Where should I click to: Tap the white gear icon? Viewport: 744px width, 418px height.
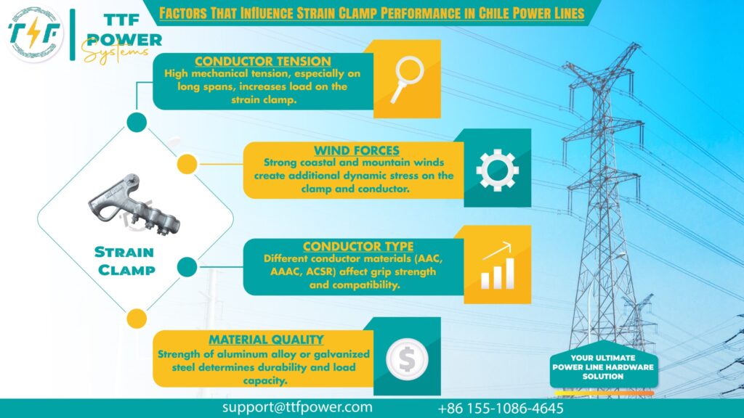[x=497, y=169]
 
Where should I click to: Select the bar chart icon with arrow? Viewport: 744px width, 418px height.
[x=497, y=267]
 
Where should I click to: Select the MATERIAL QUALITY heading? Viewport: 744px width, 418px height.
[x=266, y=340]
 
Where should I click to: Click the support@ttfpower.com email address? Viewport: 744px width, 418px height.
[x=297, y=407]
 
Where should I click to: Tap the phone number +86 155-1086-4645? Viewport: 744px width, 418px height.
[x=501, y=408]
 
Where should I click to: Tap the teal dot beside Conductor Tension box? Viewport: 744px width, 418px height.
[x=136, y=122]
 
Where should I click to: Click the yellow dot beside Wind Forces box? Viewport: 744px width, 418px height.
[x=187, y=165]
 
